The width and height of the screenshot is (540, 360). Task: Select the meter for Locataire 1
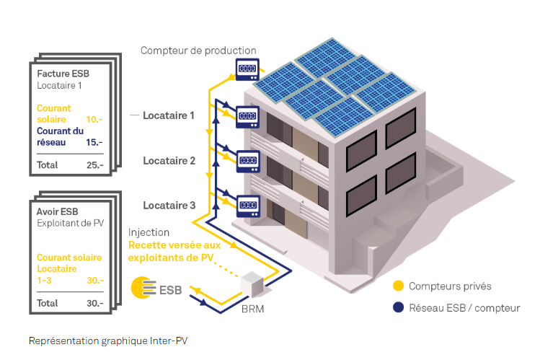point(247,115)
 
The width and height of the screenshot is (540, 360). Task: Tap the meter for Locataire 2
point(247,160)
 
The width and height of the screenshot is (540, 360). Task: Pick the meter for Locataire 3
point(247,204)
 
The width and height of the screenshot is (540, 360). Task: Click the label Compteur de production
point(198,51)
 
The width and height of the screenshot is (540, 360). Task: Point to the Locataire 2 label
point(169,160)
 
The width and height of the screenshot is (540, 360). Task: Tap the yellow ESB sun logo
point(143,289)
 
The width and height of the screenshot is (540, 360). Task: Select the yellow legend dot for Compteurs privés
point(398,286)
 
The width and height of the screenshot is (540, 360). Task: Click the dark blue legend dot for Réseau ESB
point(398,308)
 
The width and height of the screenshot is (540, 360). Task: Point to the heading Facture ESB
point(63,73)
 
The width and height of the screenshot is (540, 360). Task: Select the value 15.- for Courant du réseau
point(94,142)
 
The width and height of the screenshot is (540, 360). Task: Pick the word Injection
point(149,233)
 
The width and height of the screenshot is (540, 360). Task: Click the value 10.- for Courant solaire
point(94,119)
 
